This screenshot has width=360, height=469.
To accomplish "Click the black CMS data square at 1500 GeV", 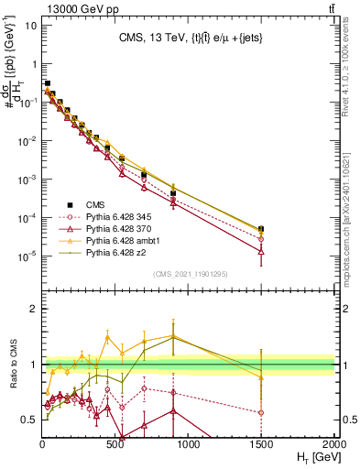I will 261,229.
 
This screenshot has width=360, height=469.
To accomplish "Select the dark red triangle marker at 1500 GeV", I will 261,250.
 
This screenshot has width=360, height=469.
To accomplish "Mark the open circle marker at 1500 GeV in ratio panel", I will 261,412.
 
